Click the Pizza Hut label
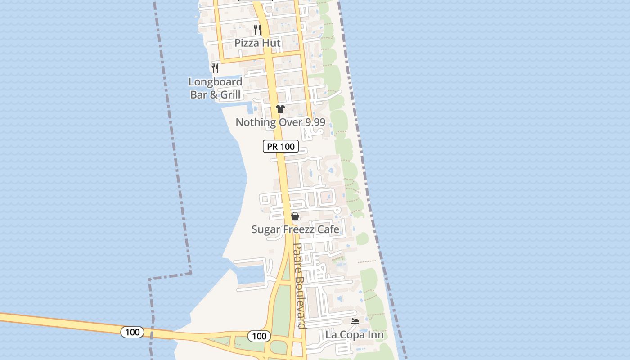coord(257,43)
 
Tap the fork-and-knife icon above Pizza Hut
coord(257,30)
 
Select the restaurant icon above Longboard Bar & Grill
coord(215,68)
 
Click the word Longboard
coord(215,82)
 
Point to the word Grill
coord(230,94)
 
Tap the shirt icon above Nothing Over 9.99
coord(280,108)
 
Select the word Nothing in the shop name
coord(256,122)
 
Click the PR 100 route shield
coord(281,146)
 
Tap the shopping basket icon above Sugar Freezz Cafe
coord(295,216)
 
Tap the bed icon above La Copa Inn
coord(355,321)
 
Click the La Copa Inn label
coord(355,335)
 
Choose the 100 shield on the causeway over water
coord(132,332)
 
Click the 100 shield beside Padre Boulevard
coord(259,336)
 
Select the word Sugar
coord(265,229)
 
